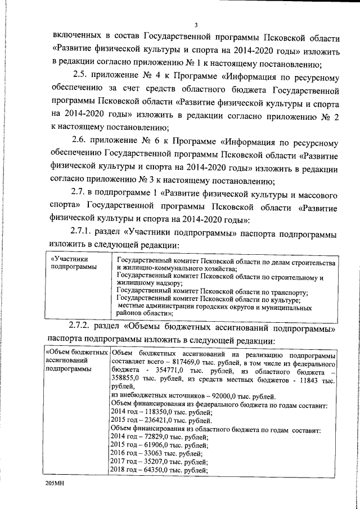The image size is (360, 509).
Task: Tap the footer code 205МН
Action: pos(56,484)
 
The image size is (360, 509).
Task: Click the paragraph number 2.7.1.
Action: pos(84,232)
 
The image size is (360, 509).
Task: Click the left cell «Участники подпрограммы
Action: pos(73,263)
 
